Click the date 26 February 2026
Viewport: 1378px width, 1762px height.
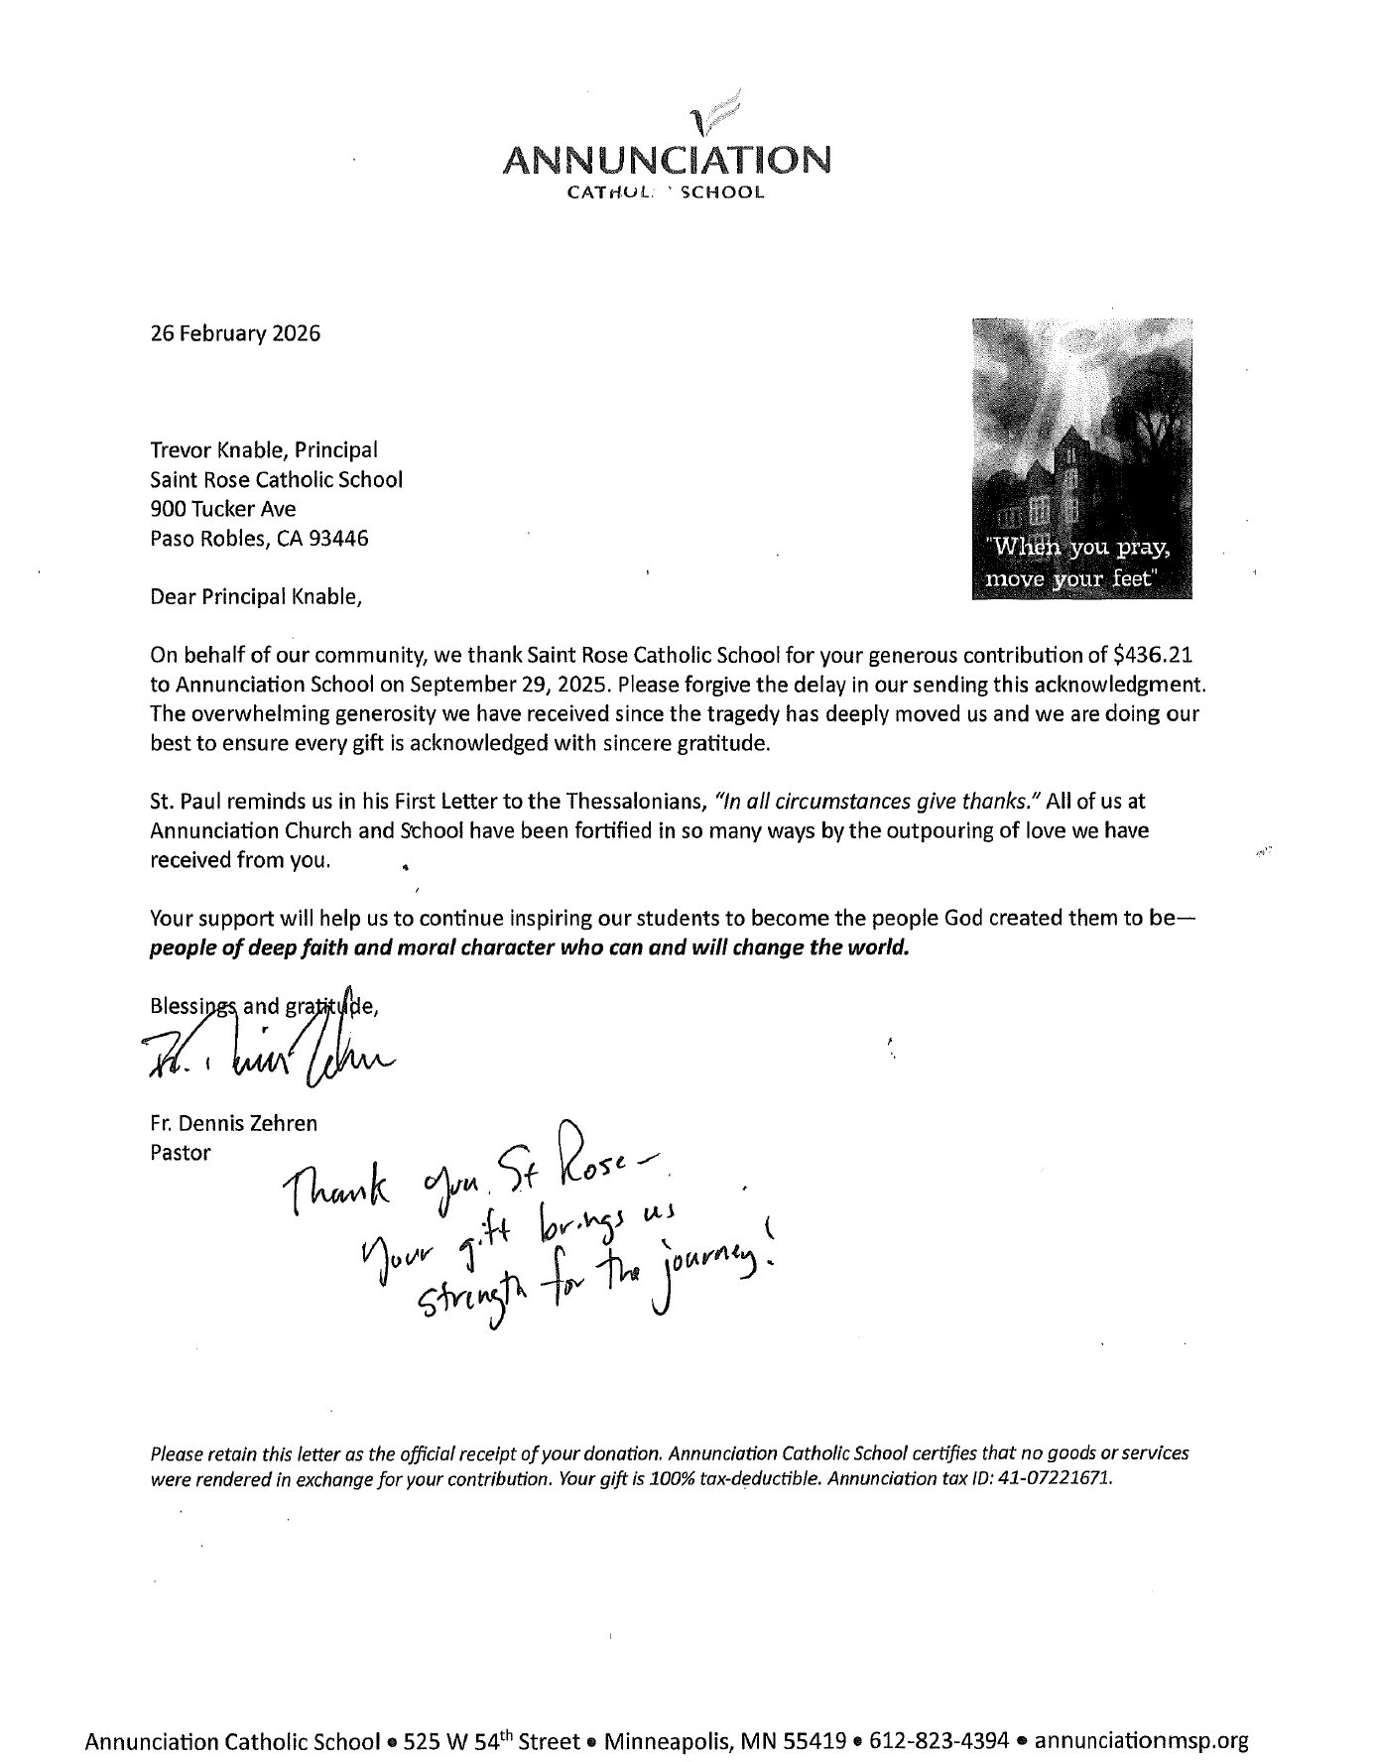tap(235, 333)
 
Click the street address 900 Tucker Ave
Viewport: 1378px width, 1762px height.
tap(222, 510)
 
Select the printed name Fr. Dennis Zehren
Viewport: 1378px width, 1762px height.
tap(233, 1125)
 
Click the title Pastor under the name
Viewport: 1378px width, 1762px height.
tap(180, 1154)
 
